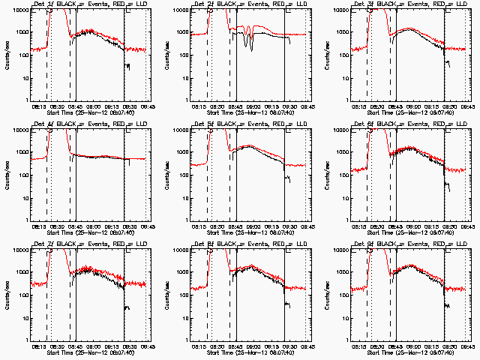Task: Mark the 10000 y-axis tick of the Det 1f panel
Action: coord(18,10)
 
